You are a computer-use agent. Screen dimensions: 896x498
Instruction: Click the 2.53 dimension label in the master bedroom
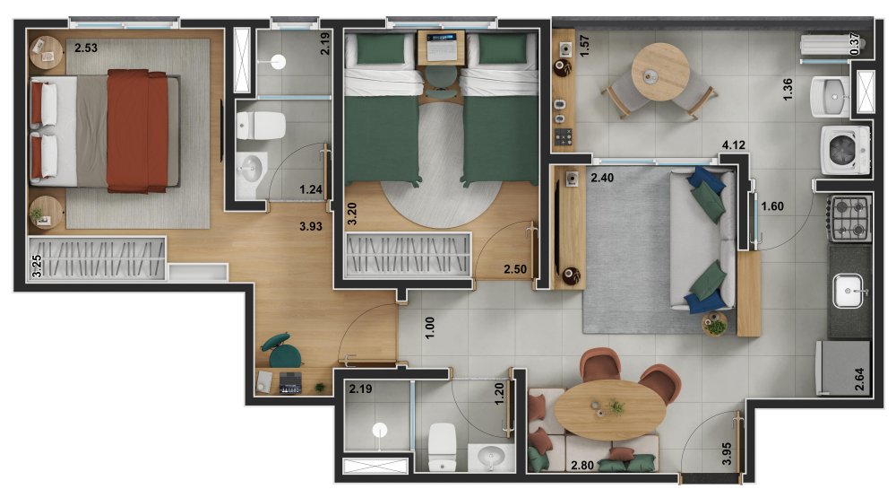86,48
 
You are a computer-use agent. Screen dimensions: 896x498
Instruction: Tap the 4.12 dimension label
734,145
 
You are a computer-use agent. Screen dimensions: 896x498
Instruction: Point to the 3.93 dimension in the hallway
311,227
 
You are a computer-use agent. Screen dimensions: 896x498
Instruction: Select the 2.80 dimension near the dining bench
582,466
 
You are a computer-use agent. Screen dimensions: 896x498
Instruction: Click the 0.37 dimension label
855,44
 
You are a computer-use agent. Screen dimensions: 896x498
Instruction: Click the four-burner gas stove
850,218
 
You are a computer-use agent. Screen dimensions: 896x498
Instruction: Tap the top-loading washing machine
845,150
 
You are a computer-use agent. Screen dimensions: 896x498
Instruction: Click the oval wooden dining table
610,409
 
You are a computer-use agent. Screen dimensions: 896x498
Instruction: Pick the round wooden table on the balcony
660,72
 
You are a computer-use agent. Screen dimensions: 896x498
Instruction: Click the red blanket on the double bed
137,131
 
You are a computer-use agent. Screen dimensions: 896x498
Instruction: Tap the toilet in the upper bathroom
261,126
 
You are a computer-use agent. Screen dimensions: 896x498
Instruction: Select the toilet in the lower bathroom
442,446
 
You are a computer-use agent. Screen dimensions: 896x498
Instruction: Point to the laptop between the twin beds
441,47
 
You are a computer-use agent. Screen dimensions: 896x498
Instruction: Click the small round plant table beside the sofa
714,323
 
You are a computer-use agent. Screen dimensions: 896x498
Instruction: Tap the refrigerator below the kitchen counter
842,368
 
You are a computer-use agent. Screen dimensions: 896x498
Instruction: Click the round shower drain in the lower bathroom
380,430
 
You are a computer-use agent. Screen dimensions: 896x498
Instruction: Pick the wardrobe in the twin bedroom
408,254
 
